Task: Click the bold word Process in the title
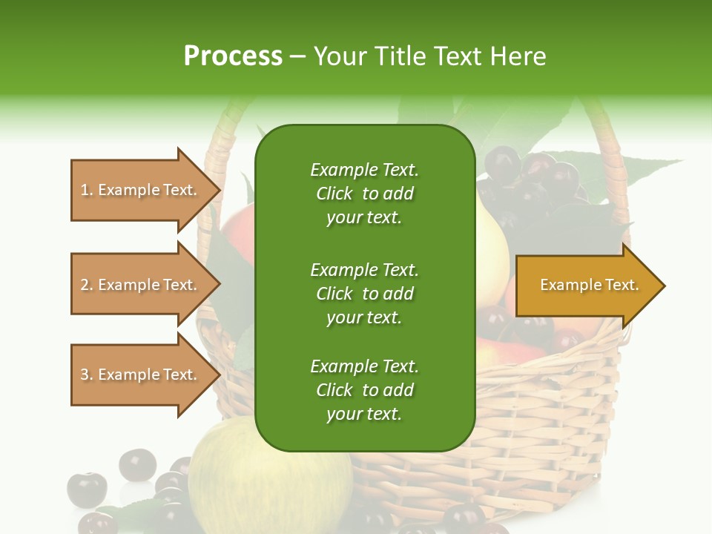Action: coord(233,56)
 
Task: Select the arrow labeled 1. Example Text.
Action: coord(141,190)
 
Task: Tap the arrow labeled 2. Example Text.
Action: coord(141,285)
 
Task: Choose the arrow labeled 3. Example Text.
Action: coord(141,375)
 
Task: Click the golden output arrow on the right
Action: coord(586,285)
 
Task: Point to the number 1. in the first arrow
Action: coord(87,190)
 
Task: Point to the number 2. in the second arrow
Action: coord(87,285)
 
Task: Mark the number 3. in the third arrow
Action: coord(87,375)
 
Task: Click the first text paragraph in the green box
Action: coord(364,194)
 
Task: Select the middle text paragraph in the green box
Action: coord(364,293)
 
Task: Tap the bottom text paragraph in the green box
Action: coord(364,390)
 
